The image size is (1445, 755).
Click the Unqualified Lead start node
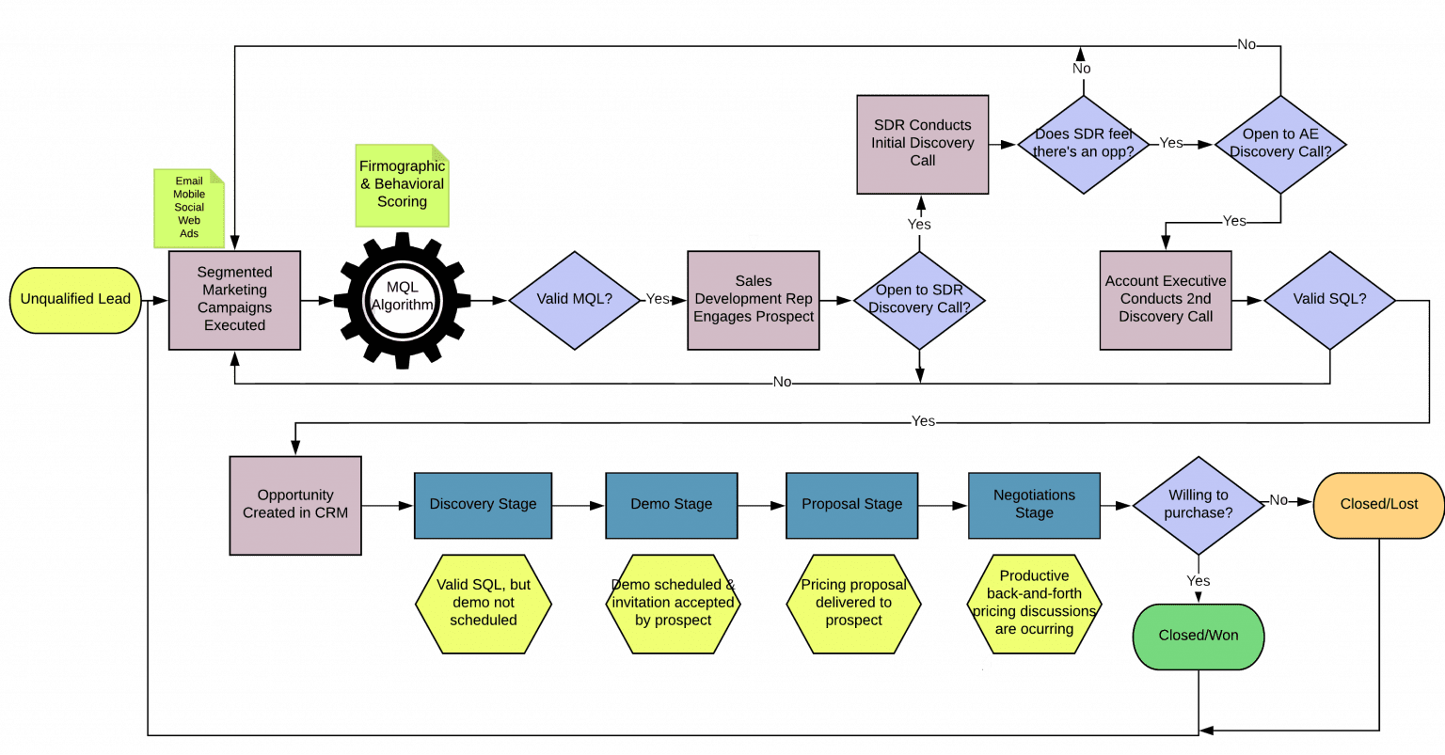(x=75, y=300)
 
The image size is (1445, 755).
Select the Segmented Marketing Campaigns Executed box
(x=234, y=300)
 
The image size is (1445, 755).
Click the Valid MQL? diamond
(x=574, y=300)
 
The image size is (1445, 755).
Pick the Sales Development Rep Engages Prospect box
(x=753, y=300)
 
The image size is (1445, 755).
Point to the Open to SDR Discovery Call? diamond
(x=919, y=300)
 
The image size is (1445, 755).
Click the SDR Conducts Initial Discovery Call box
(x=922, y=143)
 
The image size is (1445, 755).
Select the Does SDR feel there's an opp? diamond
(x=1084, y=144)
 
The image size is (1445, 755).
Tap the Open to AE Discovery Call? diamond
(x=1280, y=144)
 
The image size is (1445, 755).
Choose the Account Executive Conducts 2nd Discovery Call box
(x=1165, y=300)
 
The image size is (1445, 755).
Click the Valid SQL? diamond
(x=1329, y=300)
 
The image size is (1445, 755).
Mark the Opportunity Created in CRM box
(x=295, y=505)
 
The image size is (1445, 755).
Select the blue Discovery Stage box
(x=483, y=505)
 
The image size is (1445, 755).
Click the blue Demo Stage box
(x=671, y=505)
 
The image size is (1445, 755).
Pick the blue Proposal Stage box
(x=851, y=505)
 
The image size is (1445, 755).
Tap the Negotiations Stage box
(x=1034, y=505)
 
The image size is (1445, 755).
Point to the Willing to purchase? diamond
(x=1197, y=505)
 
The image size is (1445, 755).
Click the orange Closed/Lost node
(x=1378, y=505)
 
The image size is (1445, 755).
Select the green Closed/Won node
(x=1198, y=636)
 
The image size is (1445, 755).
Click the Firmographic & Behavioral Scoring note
(x=402, y=185)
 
